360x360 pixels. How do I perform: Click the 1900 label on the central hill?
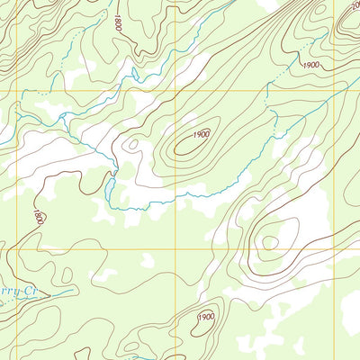(x=200, y=134)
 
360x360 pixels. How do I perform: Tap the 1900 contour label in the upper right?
(x=311, y=65)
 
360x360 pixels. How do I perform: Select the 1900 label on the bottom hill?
(x=206, y=317)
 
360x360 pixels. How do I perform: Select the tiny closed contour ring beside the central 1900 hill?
(x=133, y=142)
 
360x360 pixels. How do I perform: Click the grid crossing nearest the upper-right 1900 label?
(x=337, y=90)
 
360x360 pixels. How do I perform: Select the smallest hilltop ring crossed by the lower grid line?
(x=268, y=242)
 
